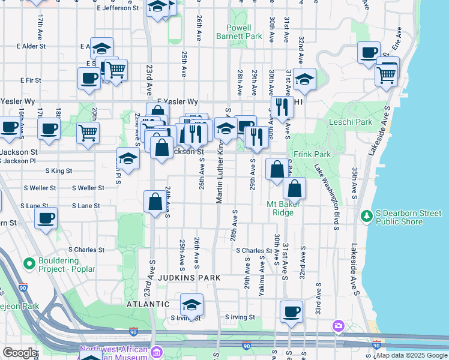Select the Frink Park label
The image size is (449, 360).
pyautogui.click(x=313, y=154)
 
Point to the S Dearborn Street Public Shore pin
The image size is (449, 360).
pyautogui.click(x=366, y=215)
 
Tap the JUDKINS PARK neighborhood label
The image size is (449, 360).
pyautogui.click(x=190, y=278)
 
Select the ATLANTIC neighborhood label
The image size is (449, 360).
pyautogui.click(x=148, y=304)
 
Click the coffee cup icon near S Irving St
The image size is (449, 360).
pyautogui.click(x=292, y=311)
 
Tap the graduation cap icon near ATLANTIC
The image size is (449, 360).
pyautogui.click(x=192, y=304)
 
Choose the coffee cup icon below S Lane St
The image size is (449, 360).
pyautogui.click(x=46, y=219)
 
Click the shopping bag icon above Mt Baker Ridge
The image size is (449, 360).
pyautogui.click(x=294, y=189)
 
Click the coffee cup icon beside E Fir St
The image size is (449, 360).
pyautogui.click(x=89, y=78)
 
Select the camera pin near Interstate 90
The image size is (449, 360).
pyautogui.click(x=339, y=326)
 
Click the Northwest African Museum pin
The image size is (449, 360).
pyautogui.click(x=157, y=351)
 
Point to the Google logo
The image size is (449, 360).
pyautogui.click(x=19, y=353)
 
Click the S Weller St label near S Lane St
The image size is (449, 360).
pyautogui.click(x=88, y=188)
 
